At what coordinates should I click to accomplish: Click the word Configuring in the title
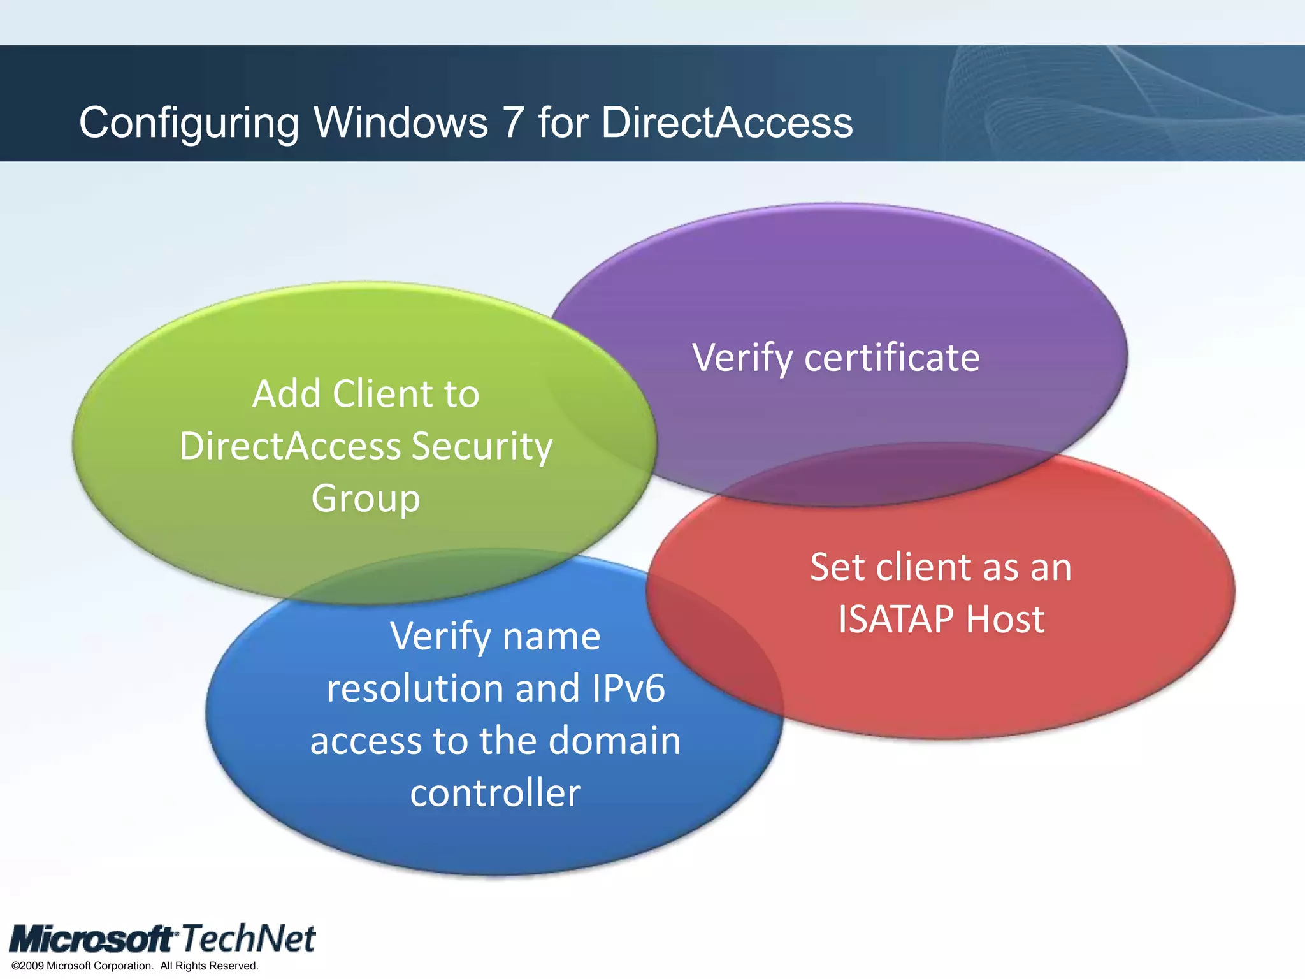pos(189,122)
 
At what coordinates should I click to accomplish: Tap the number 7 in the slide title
pos(513,122)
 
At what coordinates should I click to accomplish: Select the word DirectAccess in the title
pos(726,122)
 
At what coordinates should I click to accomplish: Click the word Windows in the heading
pos(401,122)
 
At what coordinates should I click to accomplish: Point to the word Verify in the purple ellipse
pos(742,358)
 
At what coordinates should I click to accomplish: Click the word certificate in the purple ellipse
pos(892,358)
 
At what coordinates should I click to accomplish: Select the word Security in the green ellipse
pos(482,446)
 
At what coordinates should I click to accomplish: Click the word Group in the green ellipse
pos(366,499)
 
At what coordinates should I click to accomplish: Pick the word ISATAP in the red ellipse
pos(895,619)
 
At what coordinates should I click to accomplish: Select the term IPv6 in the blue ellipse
pos(628,688)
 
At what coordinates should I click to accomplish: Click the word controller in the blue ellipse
pos(495,793)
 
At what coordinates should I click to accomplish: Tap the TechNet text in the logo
pos(249,938)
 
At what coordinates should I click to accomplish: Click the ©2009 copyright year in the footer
pos(28,966)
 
